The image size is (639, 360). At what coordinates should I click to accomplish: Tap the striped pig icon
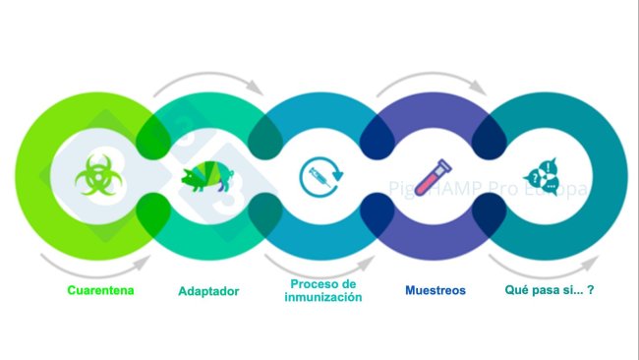pyautogui.click(x=206, y=177)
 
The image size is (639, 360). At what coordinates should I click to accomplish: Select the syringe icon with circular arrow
pyautogui.click(x=320, y=177)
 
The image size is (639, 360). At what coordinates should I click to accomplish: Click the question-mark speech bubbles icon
pyautogui.click(x=544, y=178)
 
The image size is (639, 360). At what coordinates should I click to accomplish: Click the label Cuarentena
pyautogui.click(x=101, y=290)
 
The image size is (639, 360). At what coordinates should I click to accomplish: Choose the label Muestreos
pyautogui.click(x=436, y=291)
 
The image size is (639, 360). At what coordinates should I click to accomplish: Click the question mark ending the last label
pyautogui.click(x=593, y=291)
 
